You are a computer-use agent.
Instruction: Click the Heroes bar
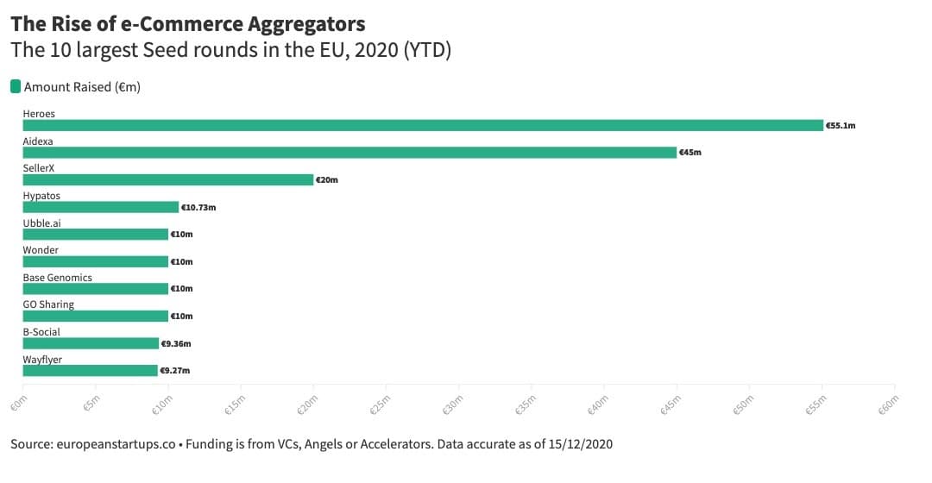(x=423, y=125)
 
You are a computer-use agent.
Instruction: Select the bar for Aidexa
(x=349, y=153)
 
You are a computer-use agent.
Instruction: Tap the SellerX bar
(x=168, y=180)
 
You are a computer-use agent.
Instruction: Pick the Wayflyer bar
(x=91, y=371)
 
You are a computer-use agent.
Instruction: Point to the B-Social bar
(x=91, y=343)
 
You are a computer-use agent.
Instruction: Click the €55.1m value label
(x=841, y=126)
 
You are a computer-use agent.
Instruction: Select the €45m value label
(x=690, y=153)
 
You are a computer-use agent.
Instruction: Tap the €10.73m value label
(x=198, y=207)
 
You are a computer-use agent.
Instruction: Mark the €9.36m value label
(x=176, y=343)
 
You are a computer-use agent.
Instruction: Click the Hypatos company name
(x=41, y=196)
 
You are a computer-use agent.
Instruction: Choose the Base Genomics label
(x=58, y=278)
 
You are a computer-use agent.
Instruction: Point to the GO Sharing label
(x=48, y=304)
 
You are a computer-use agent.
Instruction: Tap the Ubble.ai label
(x=41, y=223)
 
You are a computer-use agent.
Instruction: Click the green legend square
(x=16, y=87)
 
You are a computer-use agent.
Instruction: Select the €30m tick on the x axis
(x=453, y=405)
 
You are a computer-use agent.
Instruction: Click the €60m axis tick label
(x=889, y=405)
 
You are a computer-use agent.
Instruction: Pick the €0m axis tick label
(x=19, y=404)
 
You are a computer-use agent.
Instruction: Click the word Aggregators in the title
(x=306, y=24)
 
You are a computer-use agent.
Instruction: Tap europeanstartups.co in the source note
(x=116, y=444)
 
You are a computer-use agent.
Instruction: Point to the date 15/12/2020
(x=581, y=444)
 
